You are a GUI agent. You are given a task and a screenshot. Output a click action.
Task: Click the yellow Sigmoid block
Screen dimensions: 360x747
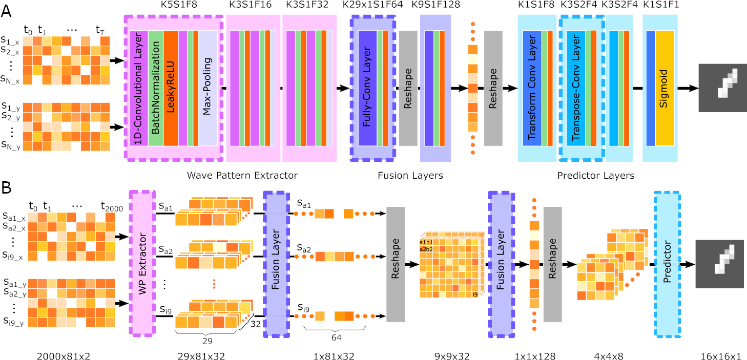[x=665, y=89]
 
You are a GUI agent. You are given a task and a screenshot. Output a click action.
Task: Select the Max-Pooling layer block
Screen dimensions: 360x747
[x=208, y=89]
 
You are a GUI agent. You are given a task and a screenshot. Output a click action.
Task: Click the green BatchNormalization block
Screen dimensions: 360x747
[x=156, y=89]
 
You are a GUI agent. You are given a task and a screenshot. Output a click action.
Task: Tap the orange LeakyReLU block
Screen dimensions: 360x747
[x=171, y=89]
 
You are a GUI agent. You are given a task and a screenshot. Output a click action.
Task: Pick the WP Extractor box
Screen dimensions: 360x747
[x=141, y=264]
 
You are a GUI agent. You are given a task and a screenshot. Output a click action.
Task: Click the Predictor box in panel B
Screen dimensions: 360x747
[x=667, y=264]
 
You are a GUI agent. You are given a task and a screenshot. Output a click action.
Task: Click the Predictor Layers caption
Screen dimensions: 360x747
[x=596, y=176]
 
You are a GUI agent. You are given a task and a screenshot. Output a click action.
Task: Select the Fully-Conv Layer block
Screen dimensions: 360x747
[x=366, y=89]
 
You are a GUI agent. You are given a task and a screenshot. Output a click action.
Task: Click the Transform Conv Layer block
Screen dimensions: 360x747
[x=532, y=89]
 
